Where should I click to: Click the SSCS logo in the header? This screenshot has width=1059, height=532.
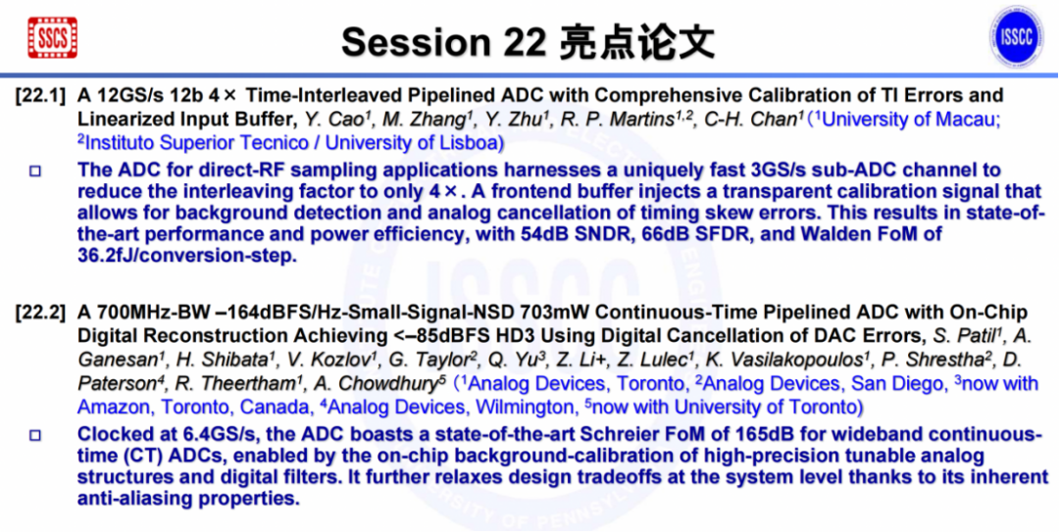[x=53, y=37]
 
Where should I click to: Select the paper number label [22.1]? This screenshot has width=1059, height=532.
[x=40, y=95]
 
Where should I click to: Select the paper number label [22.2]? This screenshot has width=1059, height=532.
[x=40, y=313]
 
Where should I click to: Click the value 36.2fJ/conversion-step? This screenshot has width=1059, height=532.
[x=187, y=257]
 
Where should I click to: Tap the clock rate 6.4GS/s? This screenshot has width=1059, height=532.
[x=186, y=434]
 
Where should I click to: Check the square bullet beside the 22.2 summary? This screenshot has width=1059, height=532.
[x=36, y=435]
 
